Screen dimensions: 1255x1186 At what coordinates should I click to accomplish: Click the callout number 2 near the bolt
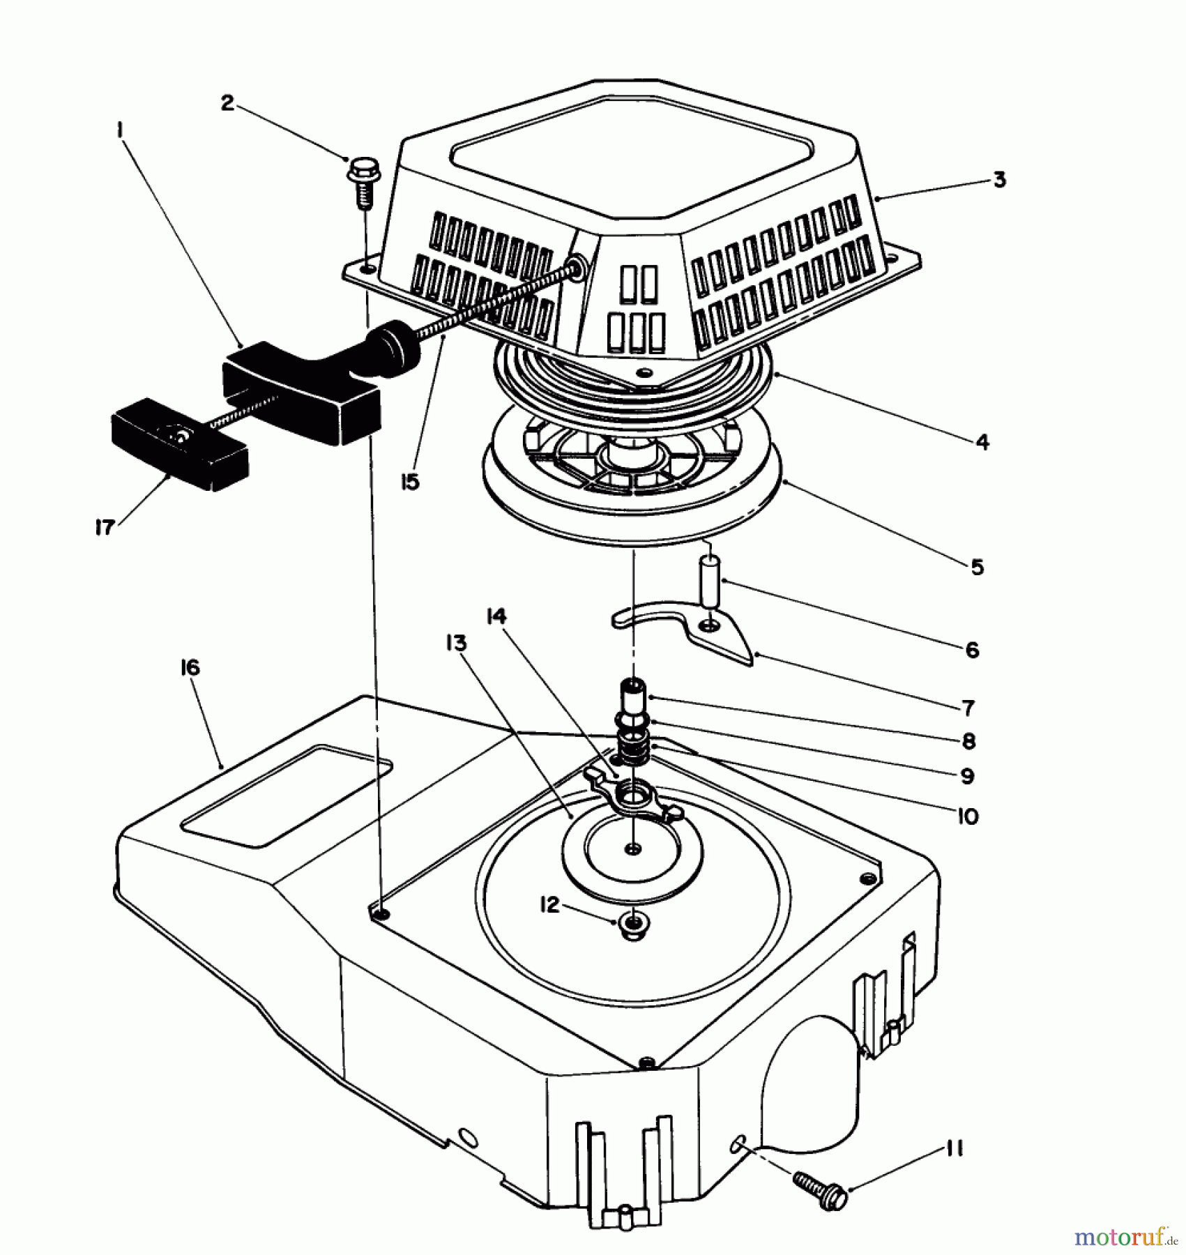click(227, 103)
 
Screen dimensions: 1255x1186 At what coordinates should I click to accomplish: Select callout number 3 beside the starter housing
click(999, 180)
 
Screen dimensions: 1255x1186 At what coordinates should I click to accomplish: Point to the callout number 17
click(105, 528)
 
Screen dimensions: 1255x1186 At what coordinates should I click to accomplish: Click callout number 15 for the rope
click(411, 482)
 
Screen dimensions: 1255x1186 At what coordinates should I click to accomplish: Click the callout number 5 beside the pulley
click(978, 567)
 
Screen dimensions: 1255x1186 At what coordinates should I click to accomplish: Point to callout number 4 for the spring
click(982, 441)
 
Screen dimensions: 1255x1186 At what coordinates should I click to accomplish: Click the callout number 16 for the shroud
click(190, 667)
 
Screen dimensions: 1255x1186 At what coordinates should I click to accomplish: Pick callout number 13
click(457, 642)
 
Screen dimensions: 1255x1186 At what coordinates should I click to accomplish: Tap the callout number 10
click(968, 816)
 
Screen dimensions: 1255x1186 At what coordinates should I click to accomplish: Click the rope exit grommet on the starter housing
click(577, 268)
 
